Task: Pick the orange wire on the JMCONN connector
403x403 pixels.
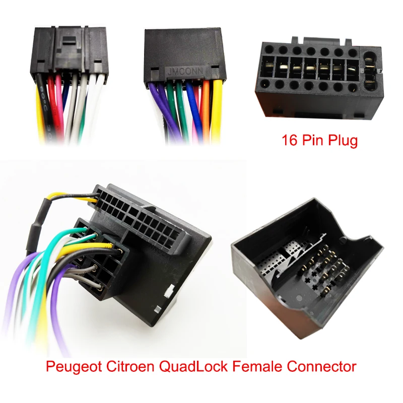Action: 206,108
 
